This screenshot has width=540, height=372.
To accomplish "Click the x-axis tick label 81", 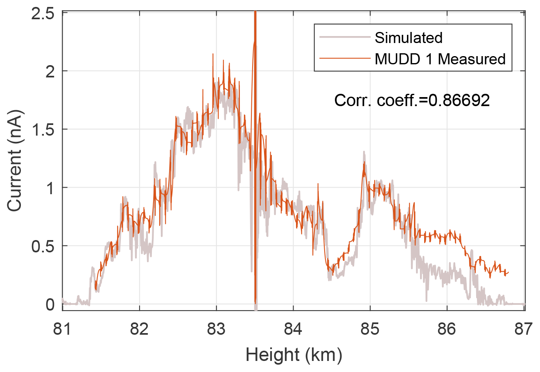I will click(x=62, y=329).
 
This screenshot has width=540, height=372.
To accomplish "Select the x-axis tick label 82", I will click(x=139, y=329).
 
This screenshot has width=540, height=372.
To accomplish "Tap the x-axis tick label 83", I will click(x=216, y=329).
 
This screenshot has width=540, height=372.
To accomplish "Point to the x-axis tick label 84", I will click(x=293, y=329).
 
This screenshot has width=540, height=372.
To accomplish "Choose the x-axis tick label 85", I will click(x=370, y=329).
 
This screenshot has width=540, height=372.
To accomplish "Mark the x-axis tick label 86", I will click(x=447, y=329).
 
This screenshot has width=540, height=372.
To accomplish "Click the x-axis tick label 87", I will click(x=524, y=329).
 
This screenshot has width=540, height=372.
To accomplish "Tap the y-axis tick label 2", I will click(x=50, y=71).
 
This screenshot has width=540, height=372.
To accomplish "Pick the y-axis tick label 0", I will click(x=50, y=304).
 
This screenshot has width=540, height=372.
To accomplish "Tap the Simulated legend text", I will click(x=409, y=38).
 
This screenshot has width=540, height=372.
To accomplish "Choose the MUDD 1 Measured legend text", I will click(x=440, y=59).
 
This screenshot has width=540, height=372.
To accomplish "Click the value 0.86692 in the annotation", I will click(x=459, y=100).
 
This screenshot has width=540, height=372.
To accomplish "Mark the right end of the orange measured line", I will click(x=508, y=272).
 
